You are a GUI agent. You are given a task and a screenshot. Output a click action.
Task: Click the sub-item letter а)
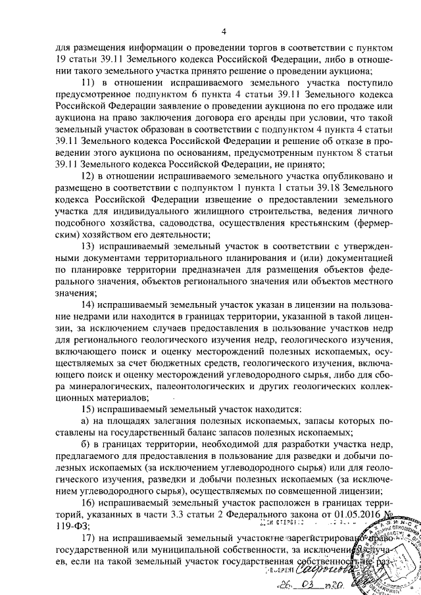point(85,421)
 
